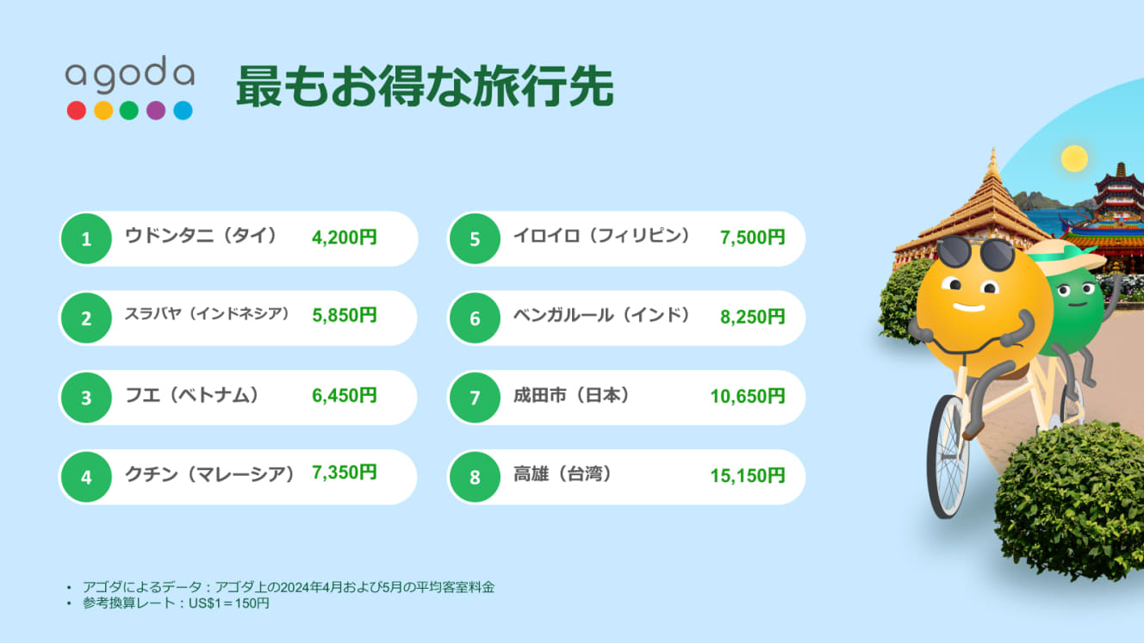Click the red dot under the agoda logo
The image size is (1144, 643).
click(x=77, y=110)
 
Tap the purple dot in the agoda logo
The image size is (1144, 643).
click(x=156, y=110)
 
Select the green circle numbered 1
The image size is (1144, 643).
click(x=86, y=238)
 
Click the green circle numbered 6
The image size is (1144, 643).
click(x=475, y=318)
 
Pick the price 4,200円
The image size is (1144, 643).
click(x=345, y=238)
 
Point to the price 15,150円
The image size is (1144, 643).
click(x=748, y=476)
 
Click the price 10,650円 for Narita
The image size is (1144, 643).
click(x=748, y=396)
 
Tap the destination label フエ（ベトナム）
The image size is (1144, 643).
click(x=192, y=395)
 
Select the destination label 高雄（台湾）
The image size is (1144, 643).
click(x=563, y=474)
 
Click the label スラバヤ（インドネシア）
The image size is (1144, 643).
click(x=207, y=314)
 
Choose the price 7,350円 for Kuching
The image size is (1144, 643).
click(x=345, y=473)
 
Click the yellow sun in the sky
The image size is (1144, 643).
click(x=1074, y=158)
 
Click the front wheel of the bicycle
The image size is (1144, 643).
click(x=948, y=456)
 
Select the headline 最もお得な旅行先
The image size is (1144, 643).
click(x=425, y=86)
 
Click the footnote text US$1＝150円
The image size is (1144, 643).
click(x=229, y=603)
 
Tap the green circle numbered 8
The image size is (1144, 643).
click(x=475, y=477)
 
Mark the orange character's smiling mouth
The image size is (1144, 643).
click(x=969, y=307)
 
